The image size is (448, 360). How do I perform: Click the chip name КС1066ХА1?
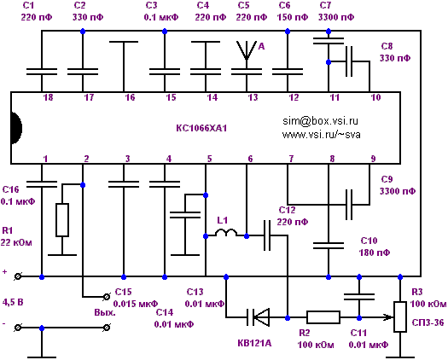(x=201, y=128)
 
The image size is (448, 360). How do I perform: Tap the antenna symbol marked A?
(x=247, y=51)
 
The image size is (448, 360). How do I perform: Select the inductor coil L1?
(x=226, y=233)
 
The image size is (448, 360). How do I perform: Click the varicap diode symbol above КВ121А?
(x=258, y=317)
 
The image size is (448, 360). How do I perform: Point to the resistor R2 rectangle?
(x=323, y=317)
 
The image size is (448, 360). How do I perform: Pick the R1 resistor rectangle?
(x=62, y=220)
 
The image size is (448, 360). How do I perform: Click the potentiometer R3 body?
(x=400, y=316)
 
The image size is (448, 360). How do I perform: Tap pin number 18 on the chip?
(x=48, y=97)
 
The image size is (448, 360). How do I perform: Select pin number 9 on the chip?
(x=373, y=159)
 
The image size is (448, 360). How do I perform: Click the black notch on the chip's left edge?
(x=16, y=128)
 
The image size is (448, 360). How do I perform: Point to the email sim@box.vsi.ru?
(x=320, y=121)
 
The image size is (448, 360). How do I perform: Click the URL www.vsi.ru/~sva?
(x=321, y=134)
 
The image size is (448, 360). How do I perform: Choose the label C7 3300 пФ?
(x=336, y=11)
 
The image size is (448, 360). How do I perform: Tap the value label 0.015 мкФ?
(x=136, y=304)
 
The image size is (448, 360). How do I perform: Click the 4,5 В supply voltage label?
(x=13, y=302)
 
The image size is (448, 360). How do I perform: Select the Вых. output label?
(x=105, y=312)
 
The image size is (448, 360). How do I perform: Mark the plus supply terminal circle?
(x=18, y=276)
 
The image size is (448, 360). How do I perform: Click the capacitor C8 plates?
(x=349, y=61)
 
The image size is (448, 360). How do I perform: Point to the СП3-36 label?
(x=428, y=322)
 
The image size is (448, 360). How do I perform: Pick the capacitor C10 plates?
(x=329, y=246)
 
